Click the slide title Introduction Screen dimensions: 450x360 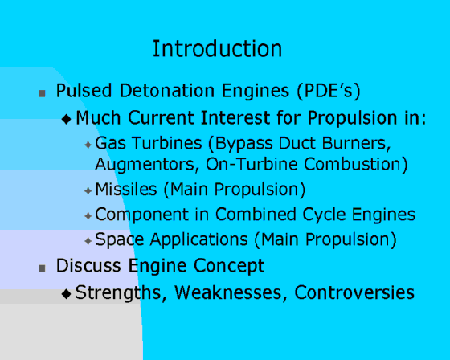tap(217, 48)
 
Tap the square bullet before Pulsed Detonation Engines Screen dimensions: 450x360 tap(42, 93)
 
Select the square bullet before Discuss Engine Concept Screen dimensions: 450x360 tap(42, 268)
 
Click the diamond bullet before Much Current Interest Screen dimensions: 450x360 tap(66, 119)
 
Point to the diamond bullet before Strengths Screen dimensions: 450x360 tap(66, 293)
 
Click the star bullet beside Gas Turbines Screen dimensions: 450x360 tap(88, 145)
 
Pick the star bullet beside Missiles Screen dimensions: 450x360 tap(88, 191)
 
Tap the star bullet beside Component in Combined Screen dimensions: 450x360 tap(88, 216)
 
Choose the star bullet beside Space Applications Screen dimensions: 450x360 tap(88, 241)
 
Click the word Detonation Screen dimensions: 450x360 tap(167, 91)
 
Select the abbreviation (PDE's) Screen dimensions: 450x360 tap(329, 92)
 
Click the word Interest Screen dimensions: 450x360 tap(235, 117)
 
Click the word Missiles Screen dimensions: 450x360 tap(126, 190)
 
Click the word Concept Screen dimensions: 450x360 tap(229, 266)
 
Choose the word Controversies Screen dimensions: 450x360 tap(354, 292)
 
